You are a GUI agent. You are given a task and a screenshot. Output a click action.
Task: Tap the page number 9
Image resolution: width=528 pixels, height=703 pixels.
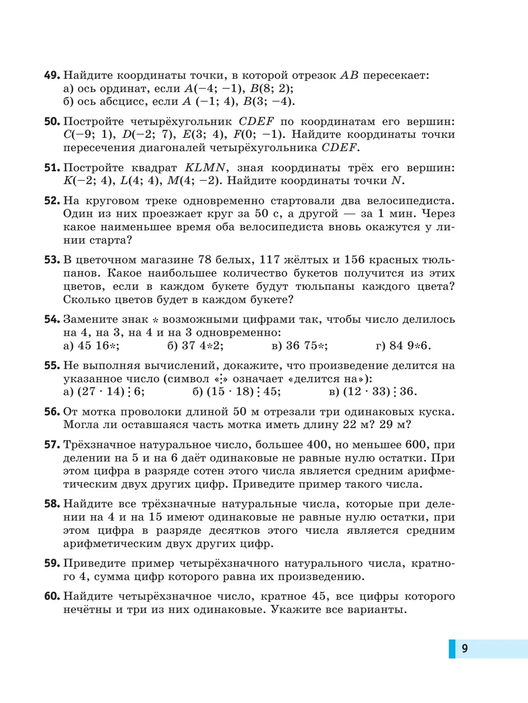point(465,648)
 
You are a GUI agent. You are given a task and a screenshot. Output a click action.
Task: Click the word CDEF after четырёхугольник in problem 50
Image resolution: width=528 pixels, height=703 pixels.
point(256,122)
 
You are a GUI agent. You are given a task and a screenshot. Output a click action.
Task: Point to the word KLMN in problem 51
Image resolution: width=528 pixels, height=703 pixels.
point(205,168)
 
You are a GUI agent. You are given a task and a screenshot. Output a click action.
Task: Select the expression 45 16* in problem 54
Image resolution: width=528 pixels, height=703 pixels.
point(98,346)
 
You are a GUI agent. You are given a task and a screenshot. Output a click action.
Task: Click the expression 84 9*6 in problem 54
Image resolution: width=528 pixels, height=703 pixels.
point(410,346)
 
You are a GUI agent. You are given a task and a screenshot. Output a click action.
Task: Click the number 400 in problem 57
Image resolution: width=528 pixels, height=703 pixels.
point(317,445)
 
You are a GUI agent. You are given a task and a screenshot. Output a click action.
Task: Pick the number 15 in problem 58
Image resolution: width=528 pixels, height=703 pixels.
point(155,517)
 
